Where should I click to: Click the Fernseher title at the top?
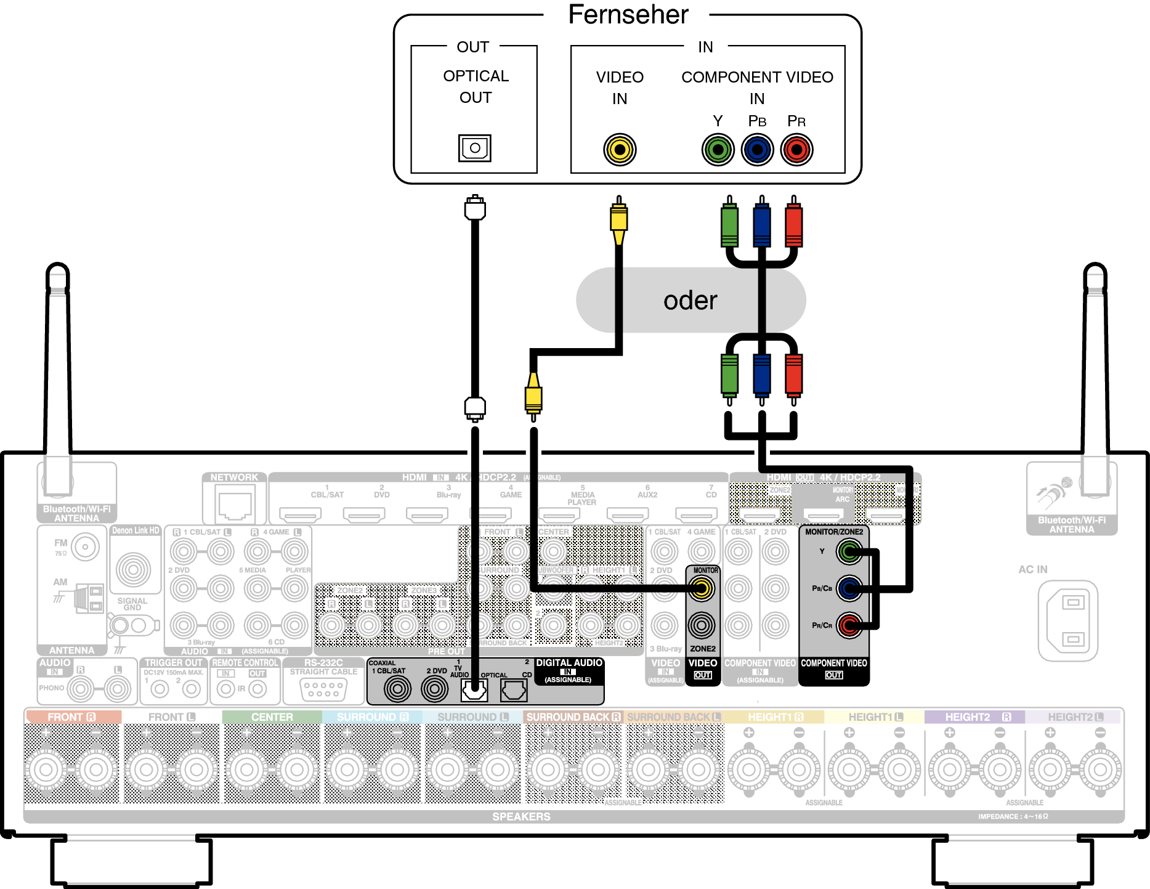click(x=628, y=15)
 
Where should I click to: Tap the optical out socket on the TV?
click(x=474, y=148)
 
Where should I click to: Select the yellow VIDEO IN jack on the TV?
click(x=620, y=150)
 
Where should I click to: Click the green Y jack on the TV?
click(x=718, y=150)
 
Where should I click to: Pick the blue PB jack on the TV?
click(x=757, y=150)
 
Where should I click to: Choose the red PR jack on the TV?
click(x=796, y=150)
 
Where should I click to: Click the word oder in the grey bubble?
click(x=690, y=301)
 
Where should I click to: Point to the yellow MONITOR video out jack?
click(x=702, y=589)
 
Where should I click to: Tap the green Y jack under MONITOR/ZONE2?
click(x=849, y=551)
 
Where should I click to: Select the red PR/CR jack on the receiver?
click(x=849, y=625)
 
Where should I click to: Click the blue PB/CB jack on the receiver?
click(x=849, y=588)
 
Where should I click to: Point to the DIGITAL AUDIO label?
click(x=569, y=663)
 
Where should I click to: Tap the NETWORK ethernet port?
click(x=235, y=503)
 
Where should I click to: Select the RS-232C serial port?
click(x=323, y=689)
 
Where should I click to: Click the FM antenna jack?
click(x=85, y=546)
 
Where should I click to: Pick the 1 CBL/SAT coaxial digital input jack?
click(x=397, y=689)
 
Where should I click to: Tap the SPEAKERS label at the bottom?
click(x=521, y=816)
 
